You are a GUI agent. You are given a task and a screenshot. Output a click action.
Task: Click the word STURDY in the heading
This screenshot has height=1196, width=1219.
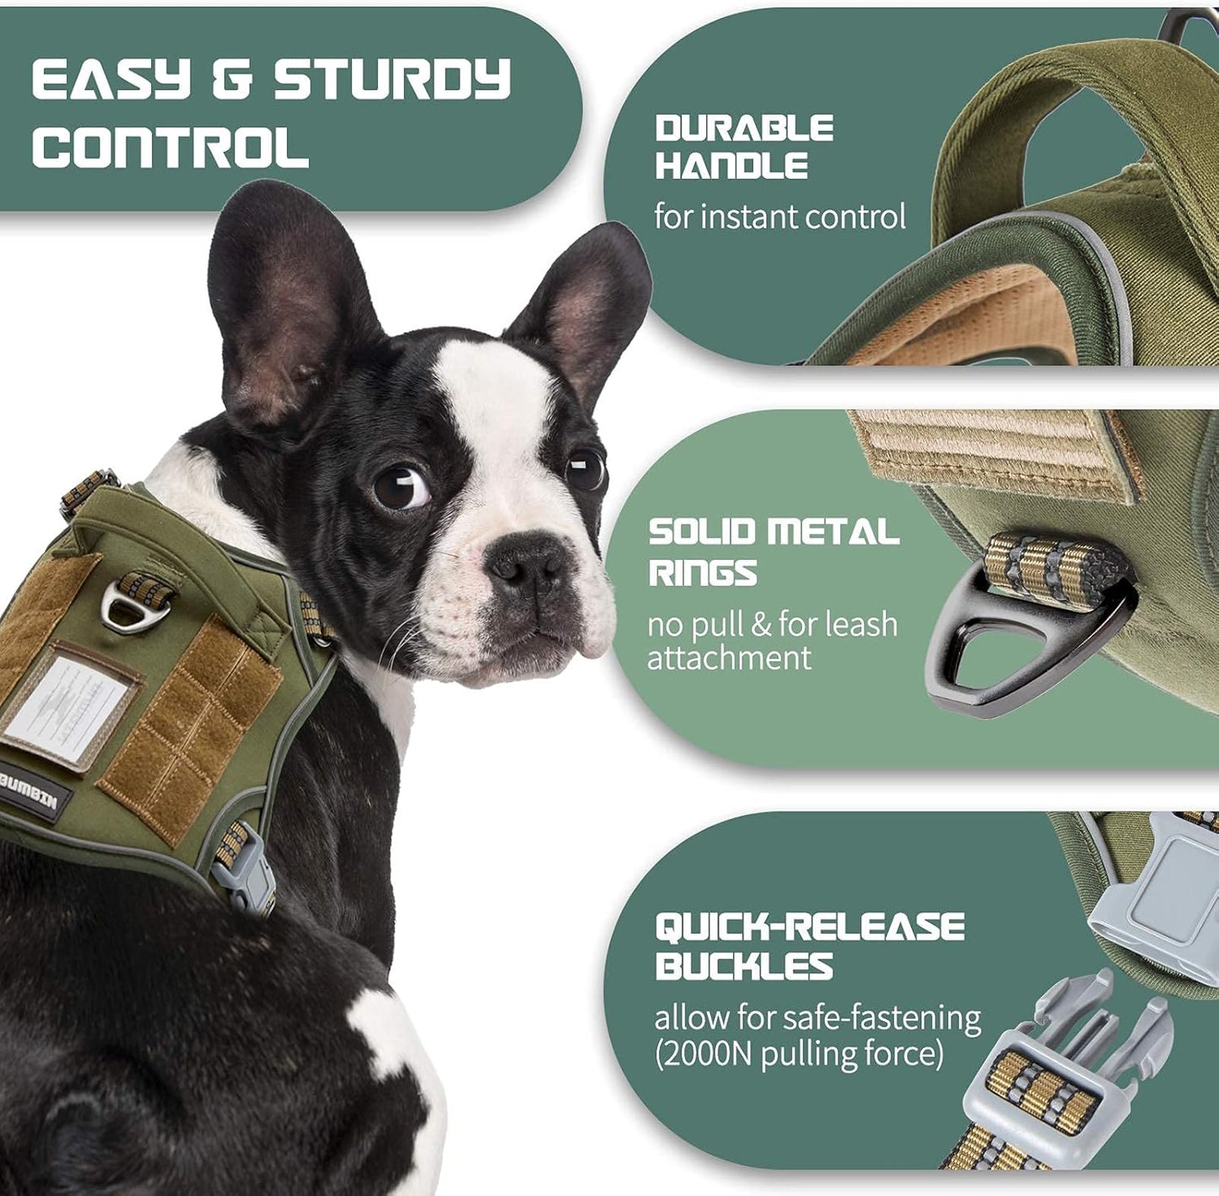pos(392,80)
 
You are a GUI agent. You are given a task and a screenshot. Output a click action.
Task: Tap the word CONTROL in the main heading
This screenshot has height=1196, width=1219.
pos(170,147)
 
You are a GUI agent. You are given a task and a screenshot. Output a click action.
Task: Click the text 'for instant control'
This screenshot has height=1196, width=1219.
pos(779,217)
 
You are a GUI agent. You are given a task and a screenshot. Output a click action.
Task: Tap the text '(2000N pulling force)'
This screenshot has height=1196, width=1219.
pos(798,1054)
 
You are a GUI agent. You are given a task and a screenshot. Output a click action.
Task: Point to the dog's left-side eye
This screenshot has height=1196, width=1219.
pos(400,488)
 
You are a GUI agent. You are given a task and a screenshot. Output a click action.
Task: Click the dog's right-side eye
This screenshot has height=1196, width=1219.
pos(585,468)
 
